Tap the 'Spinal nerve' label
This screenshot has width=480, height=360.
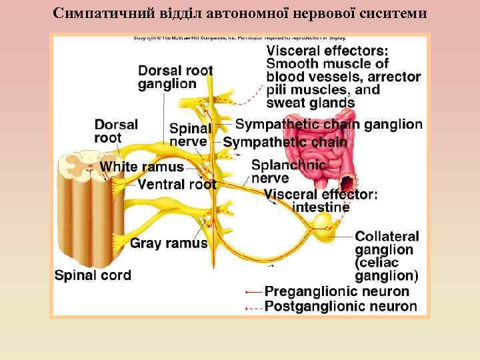point(190,135)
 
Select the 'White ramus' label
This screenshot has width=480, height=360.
point(141,167)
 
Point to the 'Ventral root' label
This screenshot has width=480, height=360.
point(177,184)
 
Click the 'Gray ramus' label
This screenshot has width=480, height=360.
point(169,243)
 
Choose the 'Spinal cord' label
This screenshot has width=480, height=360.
point(93,275)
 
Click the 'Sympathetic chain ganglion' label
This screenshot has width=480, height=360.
point(329,124)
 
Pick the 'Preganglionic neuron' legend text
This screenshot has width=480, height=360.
point(337,291)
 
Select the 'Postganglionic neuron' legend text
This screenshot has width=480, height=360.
point(341,307)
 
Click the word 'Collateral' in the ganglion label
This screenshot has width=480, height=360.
point(387,237)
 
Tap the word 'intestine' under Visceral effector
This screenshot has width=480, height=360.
point(321,207)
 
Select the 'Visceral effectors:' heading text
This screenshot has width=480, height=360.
point(327,51)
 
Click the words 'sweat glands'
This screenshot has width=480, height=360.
point(310,103)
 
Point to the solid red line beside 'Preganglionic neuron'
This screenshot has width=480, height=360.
point(253,292)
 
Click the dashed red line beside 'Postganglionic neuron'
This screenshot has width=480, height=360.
point(253,307)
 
